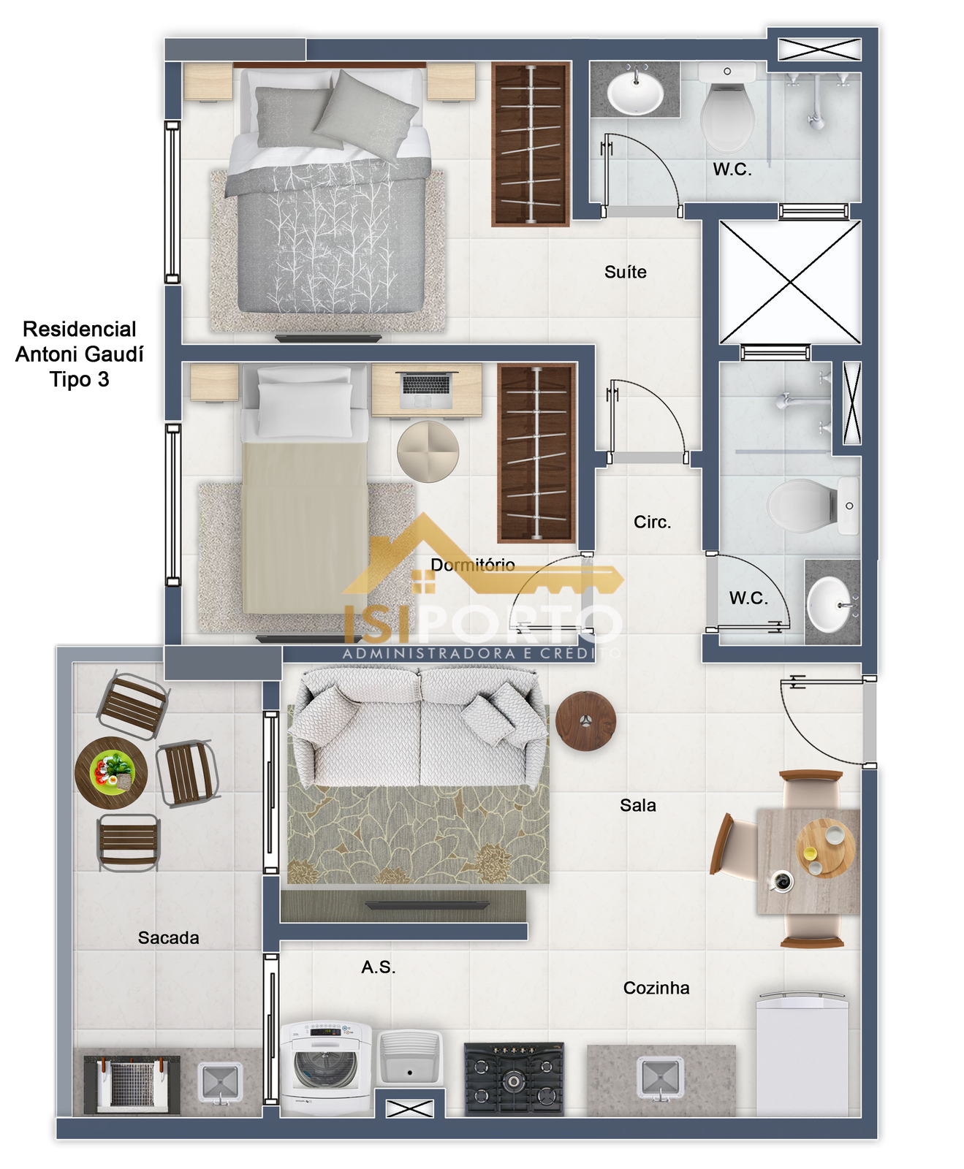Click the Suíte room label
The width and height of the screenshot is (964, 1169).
[x=625, y=272]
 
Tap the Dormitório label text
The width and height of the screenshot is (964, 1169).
[x=472, y=565]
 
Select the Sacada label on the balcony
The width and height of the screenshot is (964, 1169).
[x=168, y=937]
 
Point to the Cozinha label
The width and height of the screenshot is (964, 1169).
[x=656, y=988]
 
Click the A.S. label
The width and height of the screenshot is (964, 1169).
[x=378, y=967]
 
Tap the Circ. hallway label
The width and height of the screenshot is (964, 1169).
[x=652, y=522]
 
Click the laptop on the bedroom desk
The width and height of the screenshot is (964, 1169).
[x=426, y=389]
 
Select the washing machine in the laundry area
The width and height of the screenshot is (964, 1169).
[x=326, y=1067]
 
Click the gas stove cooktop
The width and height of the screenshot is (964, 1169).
[x=514, y=1078]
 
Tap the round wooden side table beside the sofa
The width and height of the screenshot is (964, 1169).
[x=585, y=721]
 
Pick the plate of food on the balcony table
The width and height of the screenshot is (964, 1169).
[x=111, y=772]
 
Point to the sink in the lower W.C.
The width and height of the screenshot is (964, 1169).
[x=832, y=605]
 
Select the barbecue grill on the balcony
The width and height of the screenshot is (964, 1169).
[x=132, y=1084]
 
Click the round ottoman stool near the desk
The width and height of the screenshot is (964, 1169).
[x=428, y=451]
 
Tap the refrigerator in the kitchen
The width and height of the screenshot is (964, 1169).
[x=802, y=1054]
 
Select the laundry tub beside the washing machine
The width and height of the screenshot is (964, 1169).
[x=410, y=1058]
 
